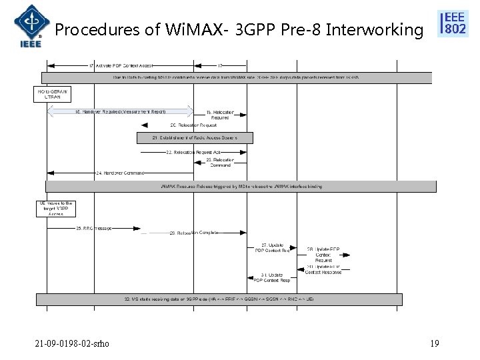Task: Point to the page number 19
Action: pos(434,343)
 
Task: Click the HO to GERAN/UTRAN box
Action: pos(52,94)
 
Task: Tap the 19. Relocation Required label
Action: pos(219,114)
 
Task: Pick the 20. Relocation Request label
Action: pos(193,125)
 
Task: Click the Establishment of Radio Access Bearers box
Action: pos(186,138)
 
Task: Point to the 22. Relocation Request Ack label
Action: pos(194,152)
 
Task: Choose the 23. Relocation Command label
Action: pos(219,163)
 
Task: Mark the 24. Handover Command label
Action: pos(121,173)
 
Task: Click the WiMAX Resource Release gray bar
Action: pos(241,187)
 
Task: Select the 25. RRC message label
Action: pos(94,229)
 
